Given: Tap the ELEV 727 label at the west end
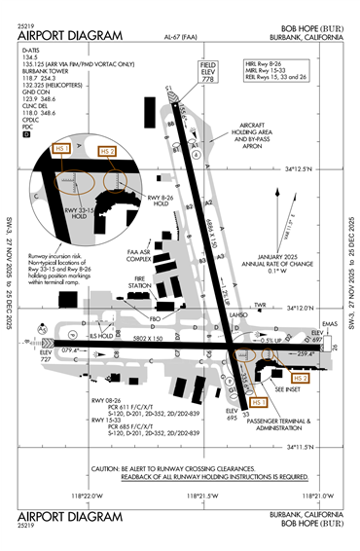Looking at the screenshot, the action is click(48, 356).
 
